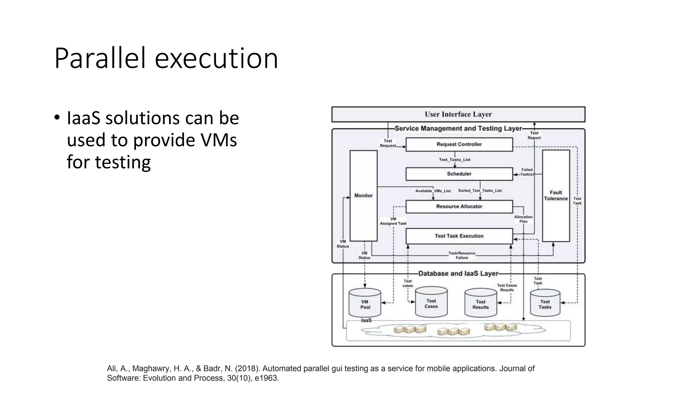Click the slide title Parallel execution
[166, 58]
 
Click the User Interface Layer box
[458, 114]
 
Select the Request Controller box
[459, 144]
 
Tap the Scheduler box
[459, 174]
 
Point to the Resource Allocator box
[459, 207]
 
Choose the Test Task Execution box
[459, 236]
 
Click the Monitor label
[363, 196]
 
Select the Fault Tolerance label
[556, 196]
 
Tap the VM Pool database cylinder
[365, 303]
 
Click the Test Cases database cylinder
[431, 302]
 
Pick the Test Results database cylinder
[481, 303]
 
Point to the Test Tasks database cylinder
[545, 303]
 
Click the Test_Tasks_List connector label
[455, 160]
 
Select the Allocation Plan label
[523, 219]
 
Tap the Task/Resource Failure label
[462, 255]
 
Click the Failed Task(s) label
[527, 172]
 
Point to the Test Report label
[534, 135]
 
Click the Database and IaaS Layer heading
[458, 274]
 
